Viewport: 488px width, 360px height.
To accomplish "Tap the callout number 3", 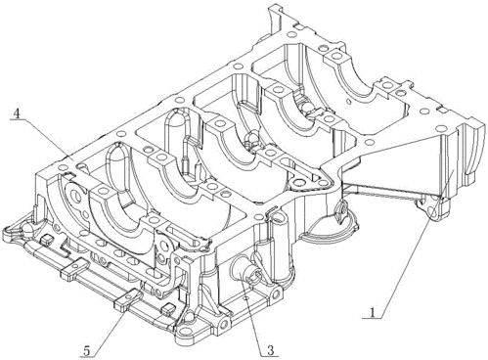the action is click(x=270, y=350).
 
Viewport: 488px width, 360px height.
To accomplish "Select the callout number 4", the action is click(x=17, y=113).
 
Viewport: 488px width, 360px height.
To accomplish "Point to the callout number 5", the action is click(x=87, y=351).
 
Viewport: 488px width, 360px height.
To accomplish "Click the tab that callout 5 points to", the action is click(x=127, y=297).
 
